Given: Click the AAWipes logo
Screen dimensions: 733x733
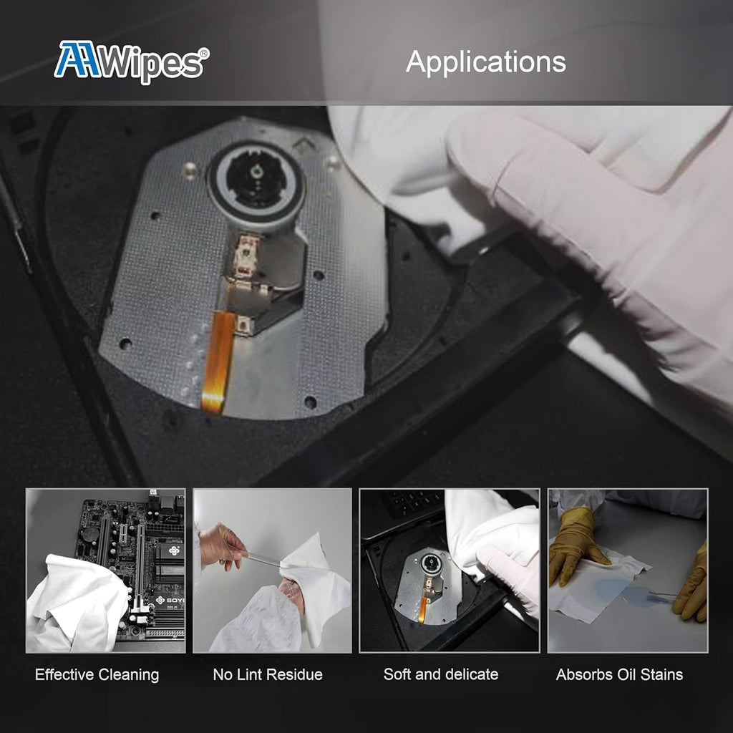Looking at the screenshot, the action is click(x=132, y=62).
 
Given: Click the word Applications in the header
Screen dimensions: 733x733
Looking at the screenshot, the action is click(x=486, y=62).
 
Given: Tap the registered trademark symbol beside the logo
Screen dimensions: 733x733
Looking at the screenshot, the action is click(x=204, y=52).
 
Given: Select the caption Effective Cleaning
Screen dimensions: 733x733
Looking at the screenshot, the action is click(x=97, y=674).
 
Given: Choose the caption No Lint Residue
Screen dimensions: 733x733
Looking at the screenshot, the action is click(x=268, y=674).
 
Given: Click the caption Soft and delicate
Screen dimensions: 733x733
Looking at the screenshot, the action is click(x=441, y=674).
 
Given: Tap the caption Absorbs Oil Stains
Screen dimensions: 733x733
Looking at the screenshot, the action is click(x=619, y=674).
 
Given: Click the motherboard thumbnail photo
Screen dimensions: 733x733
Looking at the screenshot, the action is click(x=106, y=571).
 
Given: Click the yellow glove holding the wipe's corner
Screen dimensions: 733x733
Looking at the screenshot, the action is click(x=574, y=546).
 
